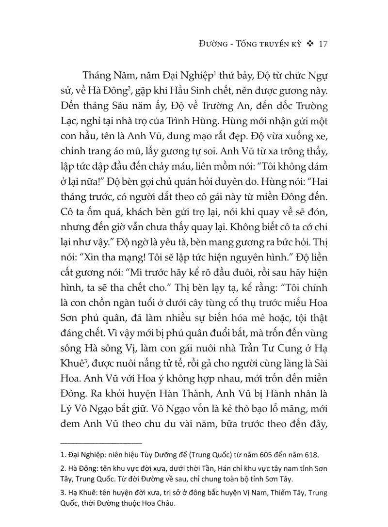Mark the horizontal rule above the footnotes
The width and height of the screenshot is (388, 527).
(x=100, y=442)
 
